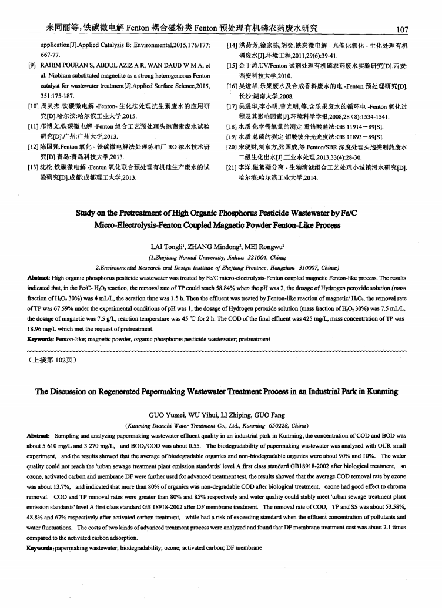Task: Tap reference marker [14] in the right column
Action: click(x=233, y=45)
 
